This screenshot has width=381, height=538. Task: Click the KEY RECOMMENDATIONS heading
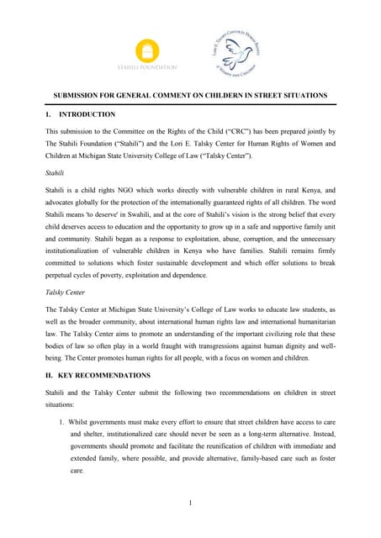pyautogui.click(x=104, y=374)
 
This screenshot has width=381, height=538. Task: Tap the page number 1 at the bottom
pyautogui.click(x=191, y=504)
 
